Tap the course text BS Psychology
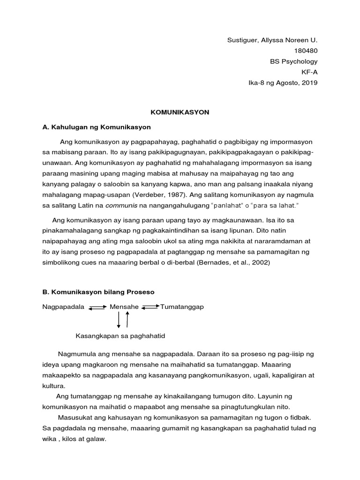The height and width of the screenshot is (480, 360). tap(293, 61)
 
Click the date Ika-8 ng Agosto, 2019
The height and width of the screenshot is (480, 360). tap(283, 83)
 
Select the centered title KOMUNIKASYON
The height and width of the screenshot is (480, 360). tap(180, 112)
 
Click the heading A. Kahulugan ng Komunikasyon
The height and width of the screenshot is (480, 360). tap(97, 127)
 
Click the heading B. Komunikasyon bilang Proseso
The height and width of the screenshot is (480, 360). tap(98, 292)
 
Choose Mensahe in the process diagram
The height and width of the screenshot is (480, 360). tap(124, 307)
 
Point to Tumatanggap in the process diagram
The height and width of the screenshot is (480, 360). tap(182, 307)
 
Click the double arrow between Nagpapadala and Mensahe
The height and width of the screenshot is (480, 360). tap(97, 307)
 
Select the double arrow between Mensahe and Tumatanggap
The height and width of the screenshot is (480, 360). tap(150, 307)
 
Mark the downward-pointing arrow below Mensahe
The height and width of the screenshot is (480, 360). tap(119, 320)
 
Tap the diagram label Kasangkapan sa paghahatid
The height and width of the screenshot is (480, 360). tap(120, 336)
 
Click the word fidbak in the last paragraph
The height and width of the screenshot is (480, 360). tap(300, 417)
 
